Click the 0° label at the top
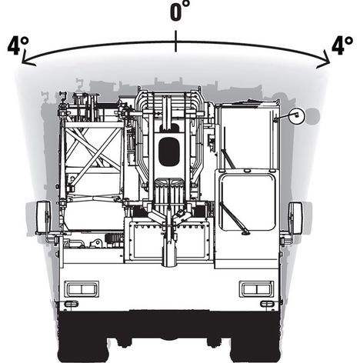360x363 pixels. click(x=180, y=11)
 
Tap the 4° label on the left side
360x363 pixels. click(x=18, y=45)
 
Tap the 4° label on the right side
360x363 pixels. click(x=342, y=45)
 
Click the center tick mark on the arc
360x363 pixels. click(x=175, y=41)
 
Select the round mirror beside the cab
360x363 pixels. click(x=297, y=116)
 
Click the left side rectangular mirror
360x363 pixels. click(x=44, y=218)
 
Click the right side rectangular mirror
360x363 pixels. click(x=295, y=218)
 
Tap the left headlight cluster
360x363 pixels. click(x=82, y=289)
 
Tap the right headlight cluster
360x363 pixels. click(x=256, y=289)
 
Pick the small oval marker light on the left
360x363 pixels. click(x=71, y=304)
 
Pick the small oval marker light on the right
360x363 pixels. click(x=267, y=304)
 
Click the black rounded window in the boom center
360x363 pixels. click(x=168, y=152)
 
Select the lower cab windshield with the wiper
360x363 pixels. click(x=247, y=202)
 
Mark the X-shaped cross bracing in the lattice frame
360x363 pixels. click(x=94, y=152)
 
